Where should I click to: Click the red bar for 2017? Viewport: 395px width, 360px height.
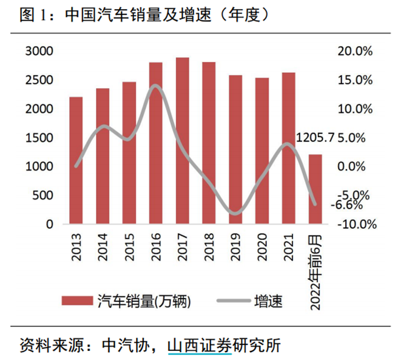tap(183, 141)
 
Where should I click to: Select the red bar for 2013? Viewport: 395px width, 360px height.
tap(76, 160)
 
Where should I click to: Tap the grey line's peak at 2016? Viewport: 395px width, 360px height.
tap(155, 86)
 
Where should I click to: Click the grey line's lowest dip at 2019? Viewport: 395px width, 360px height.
tap(235, 213)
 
